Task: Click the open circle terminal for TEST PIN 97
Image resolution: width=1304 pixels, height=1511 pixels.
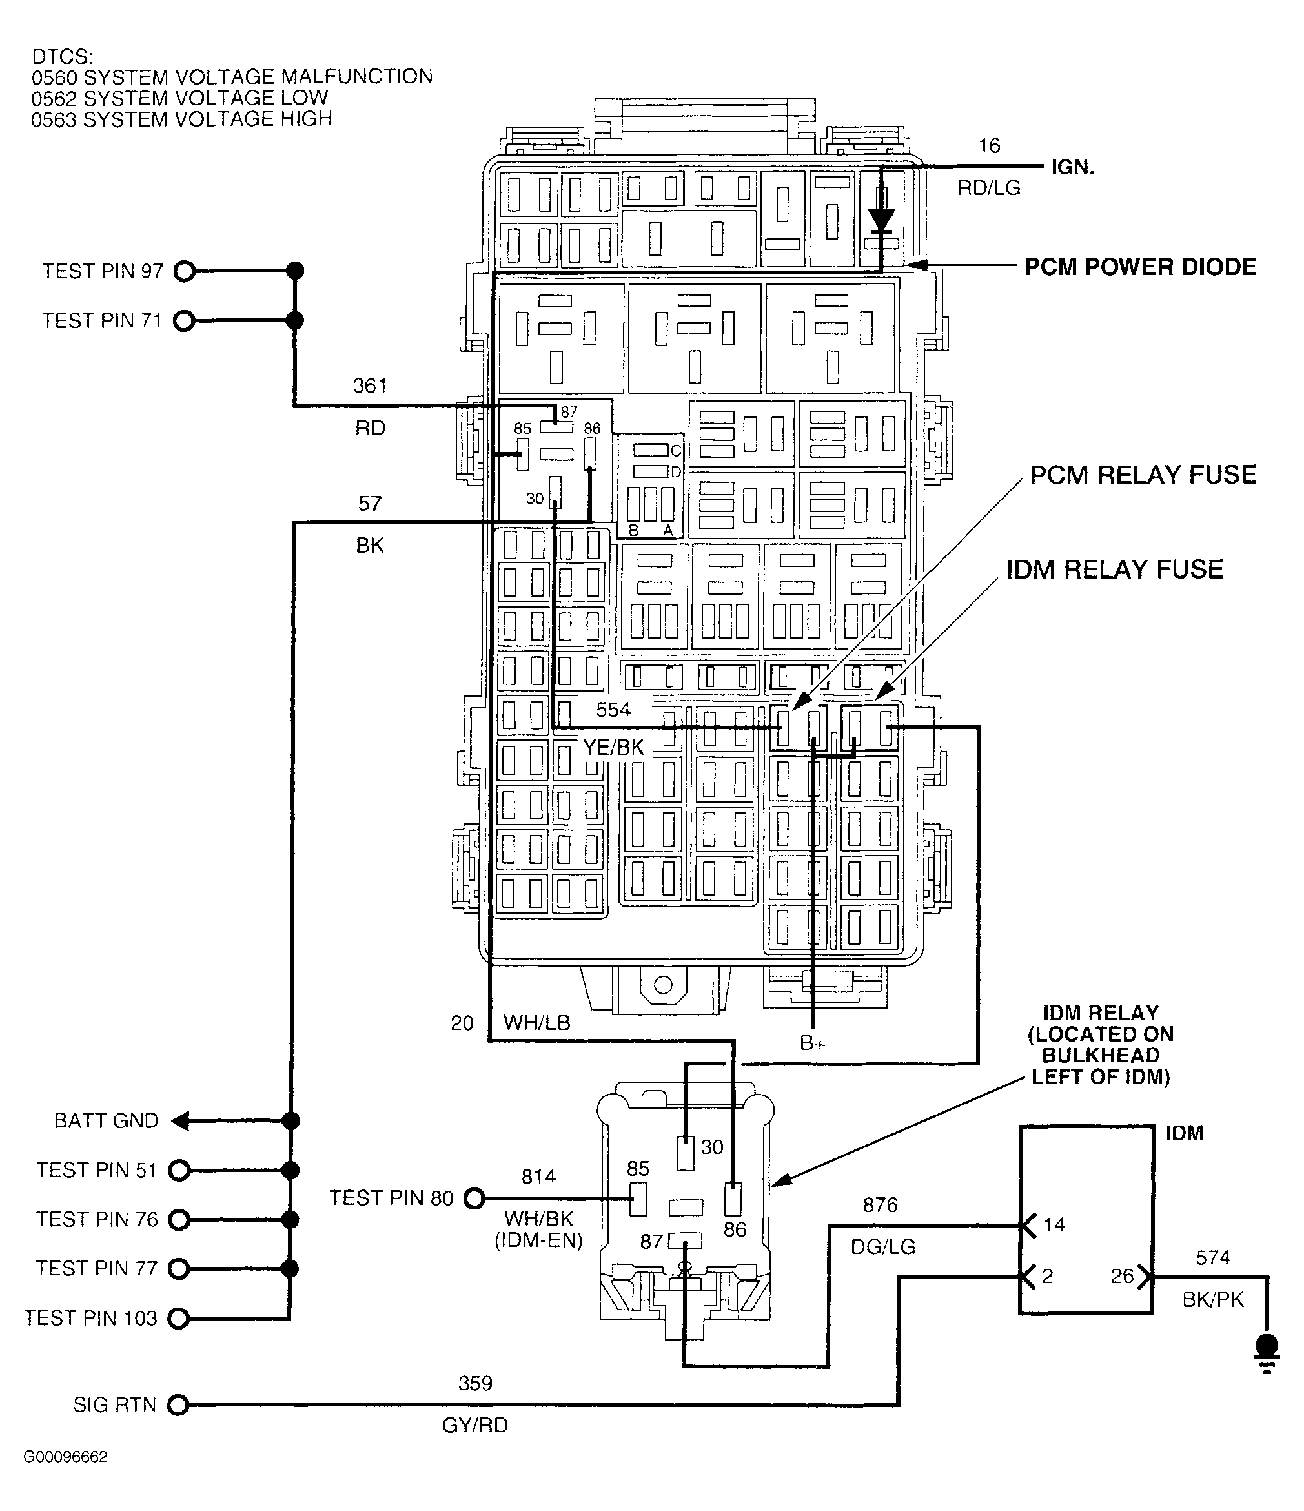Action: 185,272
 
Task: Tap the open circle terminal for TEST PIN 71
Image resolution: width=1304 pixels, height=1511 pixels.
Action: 185,321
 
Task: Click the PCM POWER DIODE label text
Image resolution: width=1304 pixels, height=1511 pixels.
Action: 1140,267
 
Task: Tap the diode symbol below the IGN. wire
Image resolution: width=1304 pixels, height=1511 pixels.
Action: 881,218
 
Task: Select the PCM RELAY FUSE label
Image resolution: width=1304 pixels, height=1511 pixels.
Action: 1143,475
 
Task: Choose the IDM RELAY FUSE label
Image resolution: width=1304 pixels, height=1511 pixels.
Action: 1114,570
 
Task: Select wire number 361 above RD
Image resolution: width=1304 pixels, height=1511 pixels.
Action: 369,385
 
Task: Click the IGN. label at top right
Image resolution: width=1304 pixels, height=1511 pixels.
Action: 1072,168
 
